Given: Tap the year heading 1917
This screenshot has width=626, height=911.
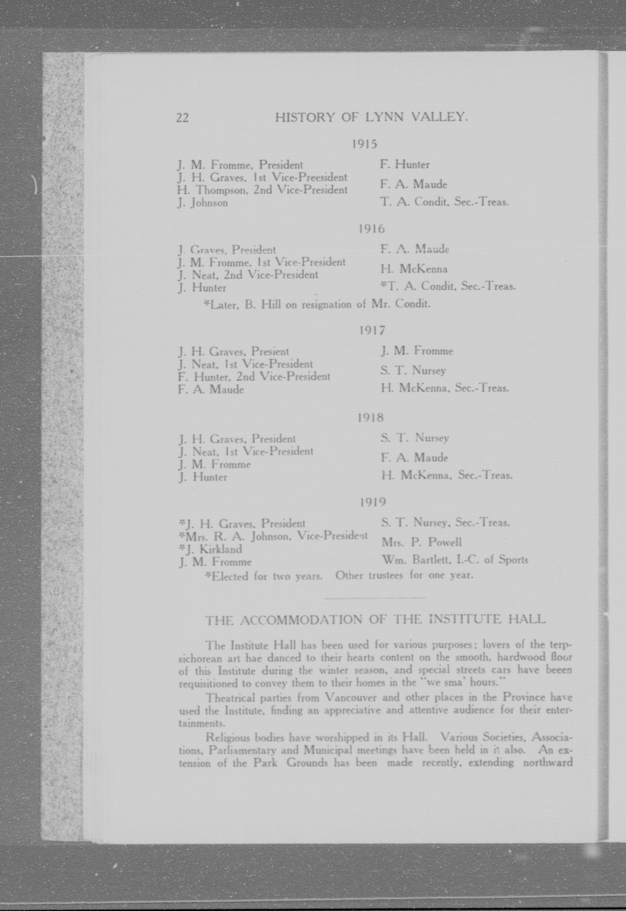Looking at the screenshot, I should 372,330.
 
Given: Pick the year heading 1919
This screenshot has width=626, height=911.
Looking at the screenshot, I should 373,502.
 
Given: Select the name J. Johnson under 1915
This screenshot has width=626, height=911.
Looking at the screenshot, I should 202,203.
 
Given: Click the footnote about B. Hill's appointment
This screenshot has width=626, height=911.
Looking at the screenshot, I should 317,305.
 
